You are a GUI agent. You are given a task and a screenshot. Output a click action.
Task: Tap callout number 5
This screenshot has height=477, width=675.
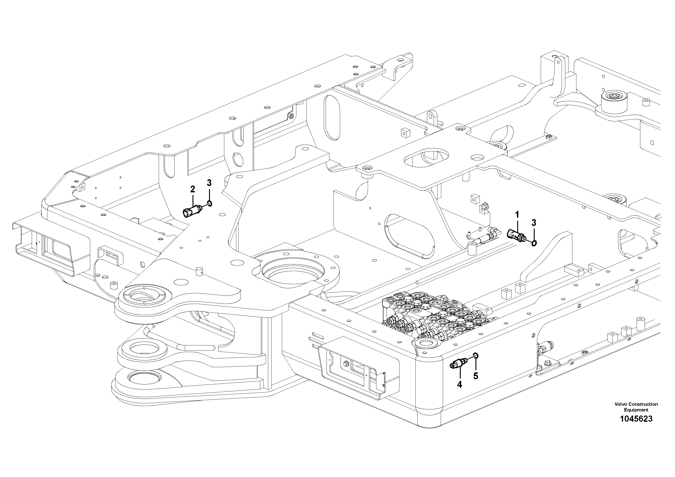click(475, 376)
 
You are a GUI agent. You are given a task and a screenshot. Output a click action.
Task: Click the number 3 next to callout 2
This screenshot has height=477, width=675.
click(209, 183)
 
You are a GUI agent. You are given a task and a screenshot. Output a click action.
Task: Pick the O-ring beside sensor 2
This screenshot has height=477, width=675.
click(209, 203)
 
